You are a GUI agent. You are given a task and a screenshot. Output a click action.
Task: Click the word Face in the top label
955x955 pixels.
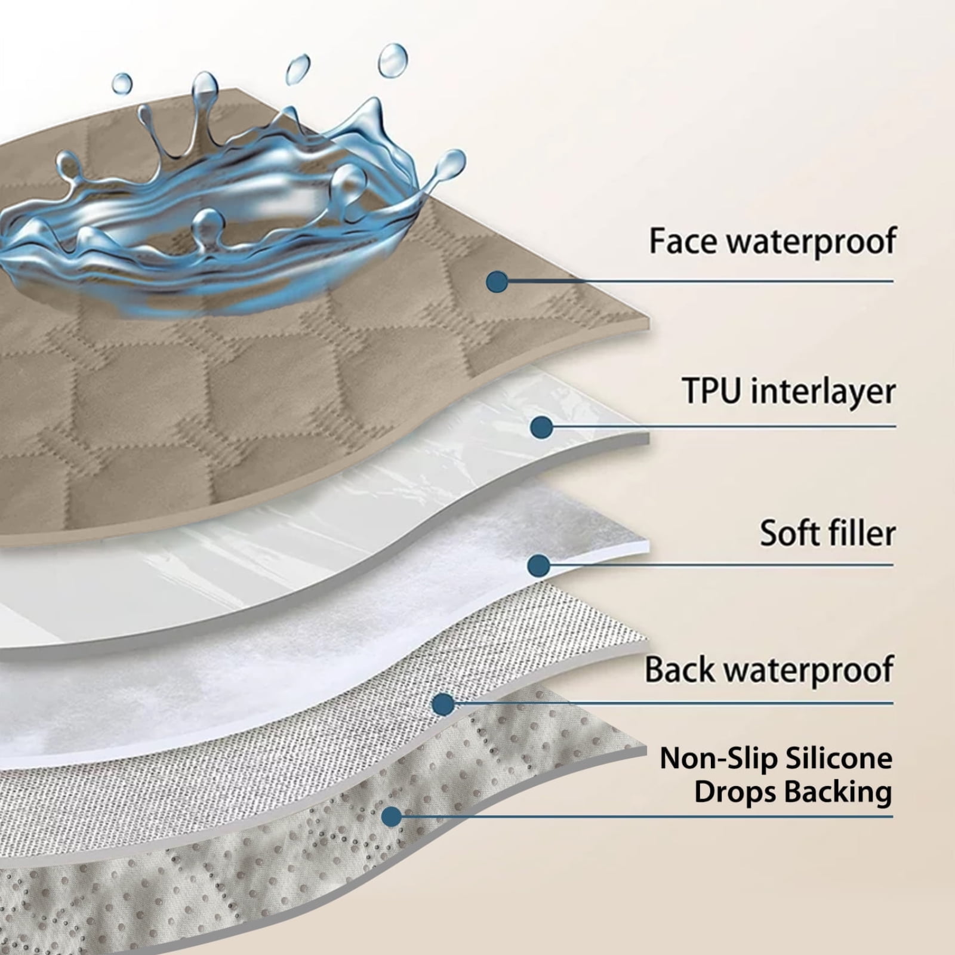point(684,241)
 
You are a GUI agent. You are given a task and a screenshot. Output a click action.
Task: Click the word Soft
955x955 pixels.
point(792,532)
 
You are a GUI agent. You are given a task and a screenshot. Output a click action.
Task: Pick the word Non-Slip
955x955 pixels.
point(718,759)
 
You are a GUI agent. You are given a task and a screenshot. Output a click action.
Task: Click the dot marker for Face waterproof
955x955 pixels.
point(497,282)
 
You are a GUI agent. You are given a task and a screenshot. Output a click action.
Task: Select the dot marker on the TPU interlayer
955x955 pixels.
point(541,427)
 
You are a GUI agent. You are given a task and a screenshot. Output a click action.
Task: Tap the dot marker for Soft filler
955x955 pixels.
point(539,565)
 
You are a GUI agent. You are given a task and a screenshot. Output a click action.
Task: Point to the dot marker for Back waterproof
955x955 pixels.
point(443,704)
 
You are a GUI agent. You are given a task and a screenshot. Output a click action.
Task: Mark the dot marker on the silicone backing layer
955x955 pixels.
point(392,817)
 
